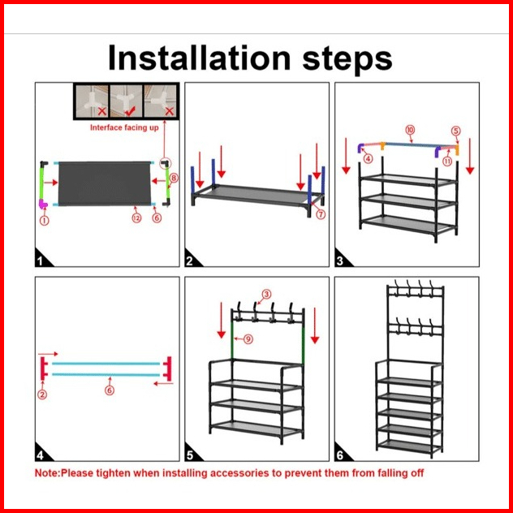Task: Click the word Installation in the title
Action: pyautogui.click(x=199, y=58)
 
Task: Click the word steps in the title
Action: pyautogui.click(x=347, y=60)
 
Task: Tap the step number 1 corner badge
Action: pyautogui.click(x=42, y=259)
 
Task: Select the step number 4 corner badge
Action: pyautogui.click(x=42, y=453)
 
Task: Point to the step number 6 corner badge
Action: pyautogui.click(x=342, y=453)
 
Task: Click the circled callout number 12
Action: pyautogui.click(x=136, y=218)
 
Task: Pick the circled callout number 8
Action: pyautogui.click(x=174, y=179)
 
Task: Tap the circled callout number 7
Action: pyautogui.click(x=321, y=214)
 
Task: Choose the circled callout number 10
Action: pyautogui.click(x=410, y=130)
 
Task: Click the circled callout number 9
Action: pyautogui.click(x=248, y=339)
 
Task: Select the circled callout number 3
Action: pyautogui.click(x=266, y=294)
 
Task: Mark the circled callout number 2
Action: pyautogui.click(x=42, y=394)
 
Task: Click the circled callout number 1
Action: pyautogui.click(x=44, y=221)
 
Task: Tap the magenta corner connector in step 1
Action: pyautogui.click(x=42, y=205)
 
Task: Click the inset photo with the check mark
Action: pyautogui.click(x=127, y=101)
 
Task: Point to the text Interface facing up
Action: pyautogui.click(x=124, y=127)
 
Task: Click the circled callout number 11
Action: pyautogui.click(x=447, y=161)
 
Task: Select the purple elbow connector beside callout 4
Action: pyautogui.click(x=360, y=148)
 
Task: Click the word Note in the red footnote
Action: pyautogui.click(x=47, y=473)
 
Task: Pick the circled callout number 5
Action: pyautogui.click(x=455, y=131)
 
